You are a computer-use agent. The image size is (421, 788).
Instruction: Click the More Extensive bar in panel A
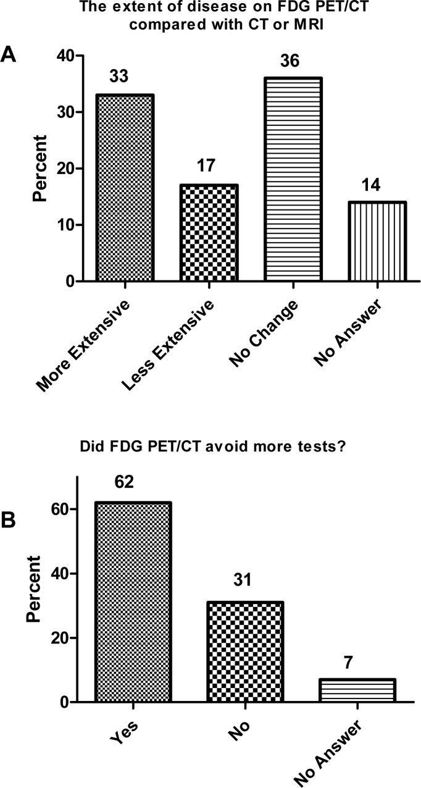[x=125, y=188]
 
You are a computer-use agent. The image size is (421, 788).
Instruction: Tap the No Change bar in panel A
[x=294, y=180]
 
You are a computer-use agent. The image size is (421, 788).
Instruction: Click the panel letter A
[x=9, y=54]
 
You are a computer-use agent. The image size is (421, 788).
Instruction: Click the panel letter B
[x=9, y=521]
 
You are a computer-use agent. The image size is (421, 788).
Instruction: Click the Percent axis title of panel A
[x=41, y=169]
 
